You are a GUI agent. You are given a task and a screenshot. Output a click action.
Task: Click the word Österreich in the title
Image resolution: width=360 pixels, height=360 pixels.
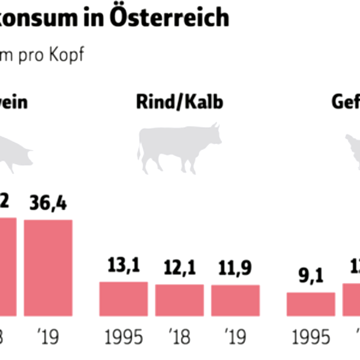point(170,17)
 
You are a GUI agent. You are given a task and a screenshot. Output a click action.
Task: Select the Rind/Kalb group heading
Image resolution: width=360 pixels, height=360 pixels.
point(180,102)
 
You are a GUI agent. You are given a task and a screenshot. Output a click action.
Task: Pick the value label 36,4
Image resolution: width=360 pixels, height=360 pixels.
point(48,203)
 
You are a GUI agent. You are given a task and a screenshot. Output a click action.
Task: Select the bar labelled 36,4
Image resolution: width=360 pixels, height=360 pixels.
point(48,267)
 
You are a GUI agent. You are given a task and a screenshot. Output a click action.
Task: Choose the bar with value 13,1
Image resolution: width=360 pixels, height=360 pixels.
point(124,299)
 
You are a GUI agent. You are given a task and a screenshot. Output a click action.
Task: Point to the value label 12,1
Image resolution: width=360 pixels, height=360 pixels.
point(179,268)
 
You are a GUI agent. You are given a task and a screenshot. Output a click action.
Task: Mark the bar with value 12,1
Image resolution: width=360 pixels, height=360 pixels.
point(179,300)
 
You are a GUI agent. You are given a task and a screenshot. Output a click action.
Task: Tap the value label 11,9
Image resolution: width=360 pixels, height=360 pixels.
point(235,269)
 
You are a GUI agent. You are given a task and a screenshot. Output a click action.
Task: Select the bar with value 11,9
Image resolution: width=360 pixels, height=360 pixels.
point(235,300)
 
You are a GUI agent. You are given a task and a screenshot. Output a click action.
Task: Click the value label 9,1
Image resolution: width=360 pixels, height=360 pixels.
point(311,277)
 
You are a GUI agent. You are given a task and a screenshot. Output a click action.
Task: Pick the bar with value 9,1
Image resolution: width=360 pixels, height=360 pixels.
point(311,304)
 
